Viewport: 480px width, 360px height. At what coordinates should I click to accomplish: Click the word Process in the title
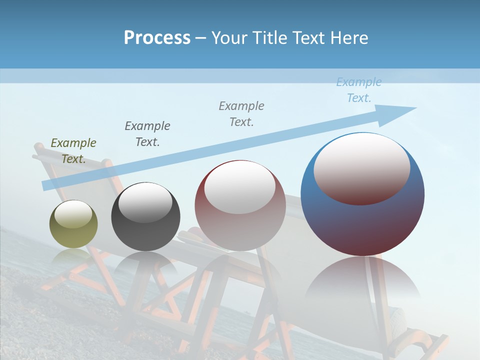tap(157, 38)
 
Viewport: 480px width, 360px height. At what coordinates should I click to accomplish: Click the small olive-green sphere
tap(73, 231)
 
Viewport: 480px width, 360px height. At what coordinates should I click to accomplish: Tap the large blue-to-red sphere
tap(362, 220)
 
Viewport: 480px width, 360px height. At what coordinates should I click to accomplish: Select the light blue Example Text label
tap(359, 90)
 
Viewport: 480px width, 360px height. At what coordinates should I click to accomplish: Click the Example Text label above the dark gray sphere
tap(147, 134)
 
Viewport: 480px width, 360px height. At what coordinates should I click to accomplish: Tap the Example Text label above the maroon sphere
tap(241, 114)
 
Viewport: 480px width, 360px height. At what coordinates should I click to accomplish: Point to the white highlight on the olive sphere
tap(73, 214)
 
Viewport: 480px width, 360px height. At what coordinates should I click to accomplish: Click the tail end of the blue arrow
tap(46, 185)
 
